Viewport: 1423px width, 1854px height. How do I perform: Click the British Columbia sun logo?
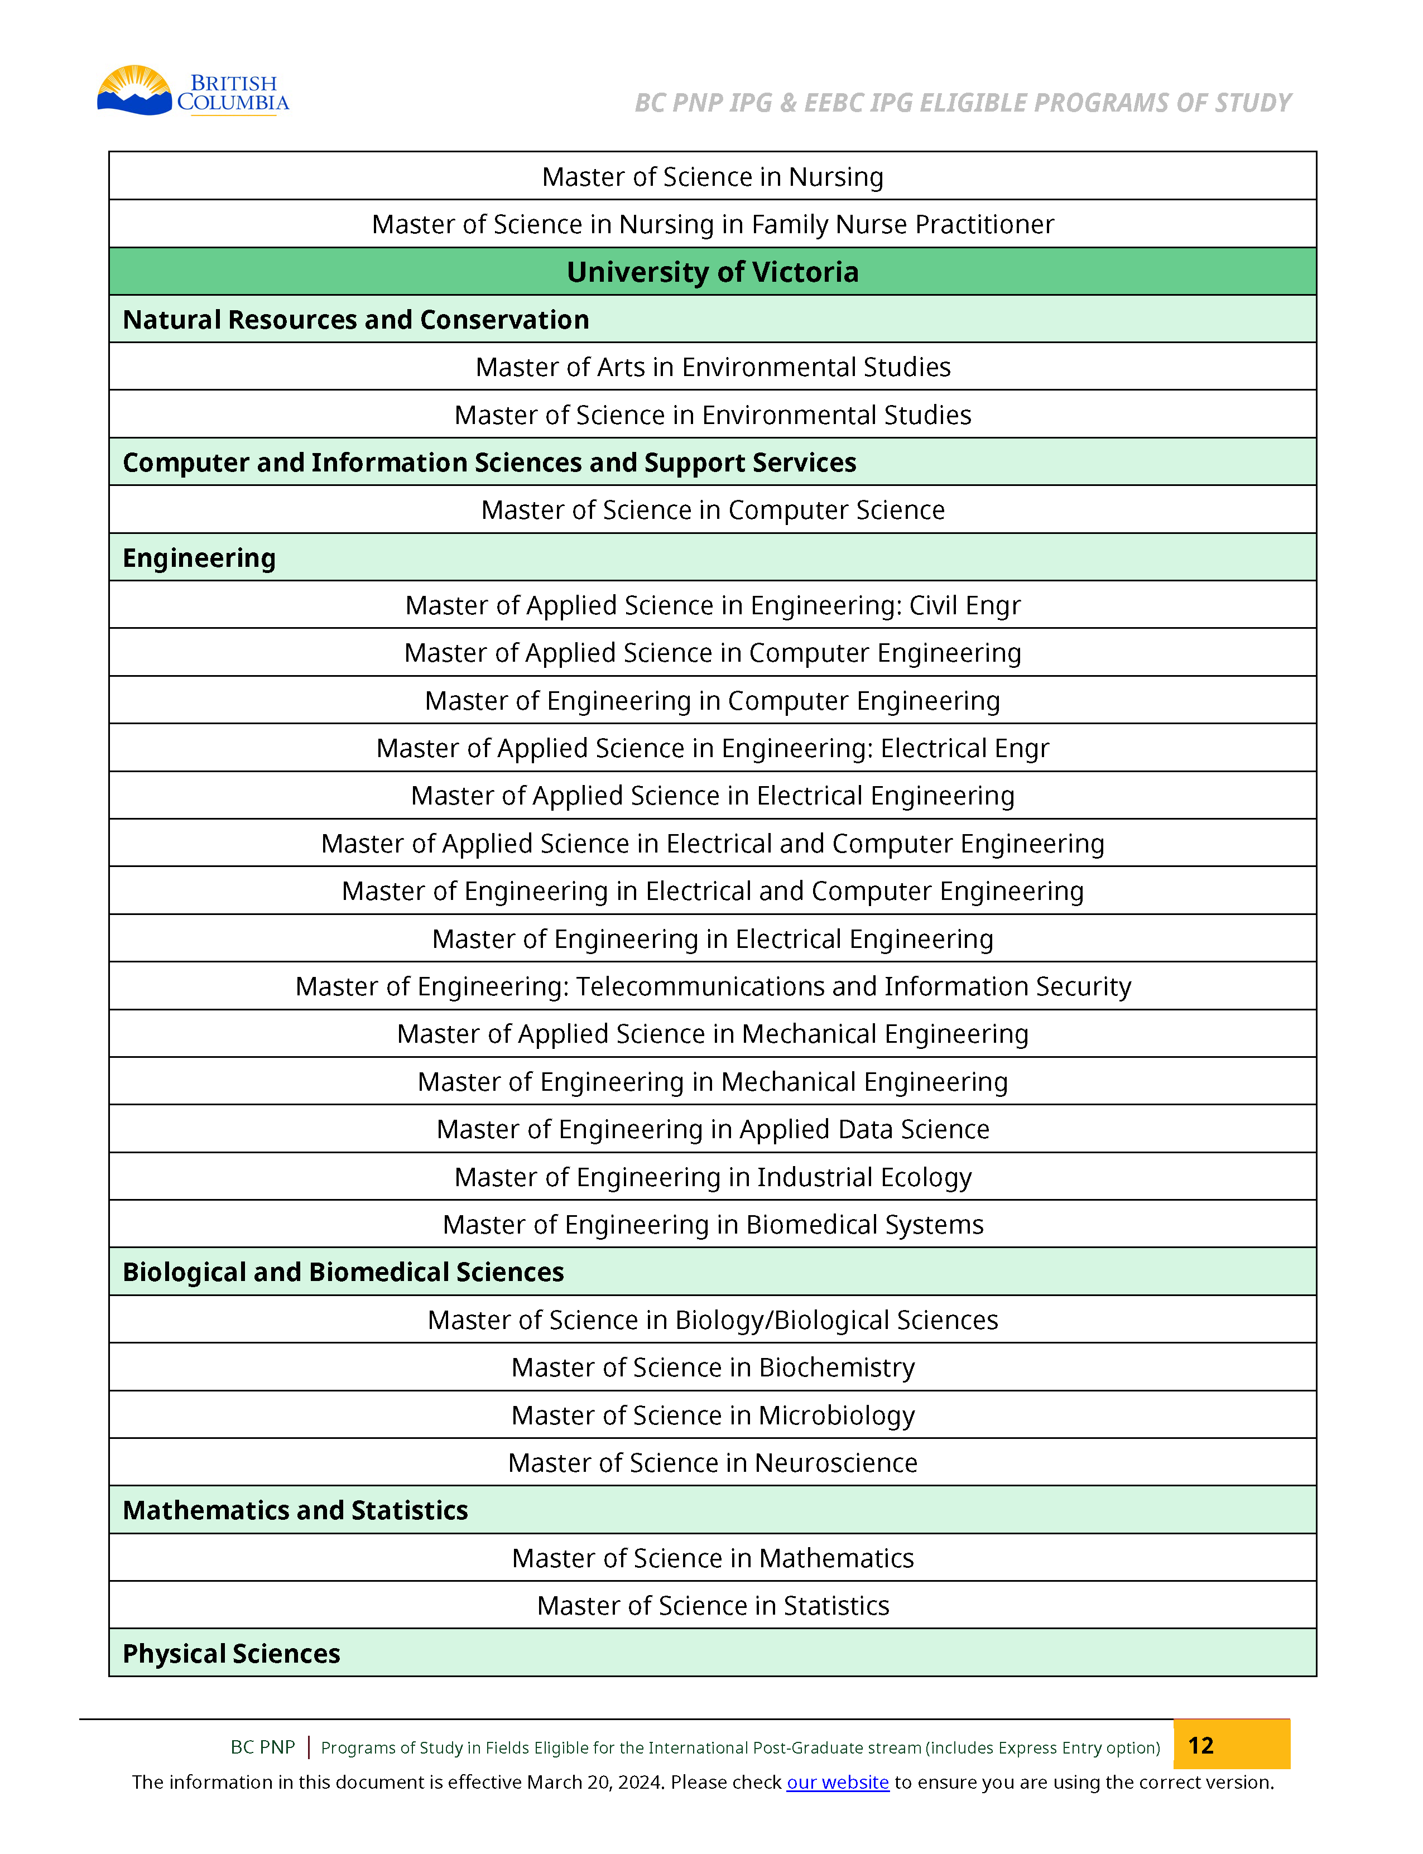[x=136, y=90]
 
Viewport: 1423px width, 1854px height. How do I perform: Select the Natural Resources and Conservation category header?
[x=356, y=319]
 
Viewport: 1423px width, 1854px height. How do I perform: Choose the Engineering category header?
[x=199, y=558]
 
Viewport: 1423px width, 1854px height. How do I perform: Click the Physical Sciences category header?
[x=231, y=1653]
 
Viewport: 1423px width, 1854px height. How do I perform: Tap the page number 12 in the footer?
[x=1200, y=1745]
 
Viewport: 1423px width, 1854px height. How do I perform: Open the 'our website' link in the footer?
[x=837, y=1782]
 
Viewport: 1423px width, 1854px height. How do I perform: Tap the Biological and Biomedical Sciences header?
[x=343, y=1272]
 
